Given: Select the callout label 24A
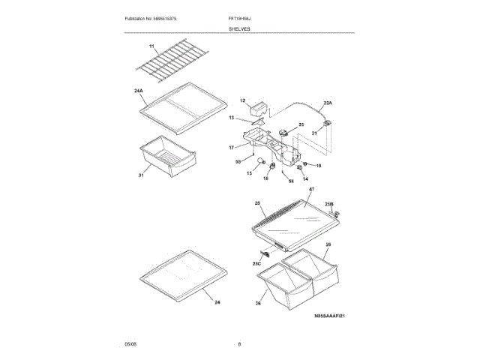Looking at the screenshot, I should pos(139,90).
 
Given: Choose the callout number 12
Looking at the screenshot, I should pos(242,100).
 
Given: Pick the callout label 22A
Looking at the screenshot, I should pos(327,102).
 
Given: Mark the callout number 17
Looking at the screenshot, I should pos(232,147).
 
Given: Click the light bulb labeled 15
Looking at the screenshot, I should pos(259,163).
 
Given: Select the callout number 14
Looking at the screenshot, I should pos(304,178).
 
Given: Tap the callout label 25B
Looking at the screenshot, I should pos(328,203).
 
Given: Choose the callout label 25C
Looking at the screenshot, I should pos(256,263).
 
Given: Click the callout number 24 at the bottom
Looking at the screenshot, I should pos(217,302).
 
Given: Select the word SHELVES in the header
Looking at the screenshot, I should pos(240,28).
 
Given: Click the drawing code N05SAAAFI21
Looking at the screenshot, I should pos(334,316).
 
